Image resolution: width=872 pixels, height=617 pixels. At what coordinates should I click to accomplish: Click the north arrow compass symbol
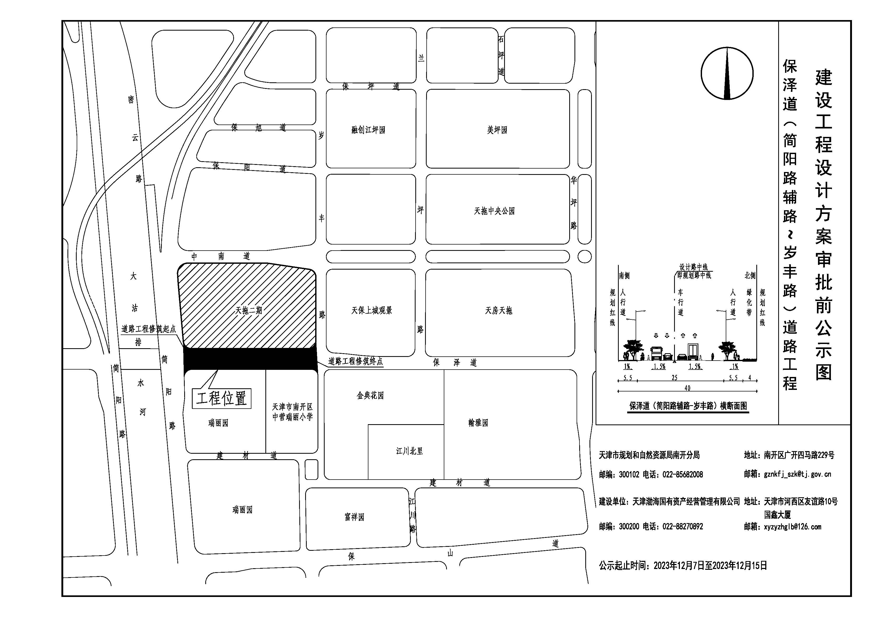point(727,73)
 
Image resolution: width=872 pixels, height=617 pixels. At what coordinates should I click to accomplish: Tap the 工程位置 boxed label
point(221,398)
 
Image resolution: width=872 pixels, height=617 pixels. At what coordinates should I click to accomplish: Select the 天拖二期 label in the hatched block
point(249,310)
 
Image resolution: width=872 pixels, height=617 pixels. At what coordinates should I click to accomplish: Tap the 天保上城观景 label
point(371,310)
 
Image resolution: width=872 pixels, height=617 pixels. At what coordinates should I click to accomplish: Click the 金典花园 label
point(370,396)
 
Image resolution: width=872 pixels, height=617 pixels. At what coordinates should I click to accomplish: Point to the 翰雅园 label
point(478,423)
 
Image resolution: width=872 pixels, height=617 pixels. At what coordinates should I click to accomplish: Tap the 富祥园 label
point(354,517)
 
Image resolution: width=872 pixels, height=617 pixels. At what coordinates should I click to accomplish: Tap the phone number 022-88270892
point(683,527)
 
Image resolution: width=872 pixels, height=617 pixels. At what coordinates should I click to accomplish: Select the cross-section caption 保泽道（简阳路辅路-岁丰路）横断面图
point(688,406)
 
